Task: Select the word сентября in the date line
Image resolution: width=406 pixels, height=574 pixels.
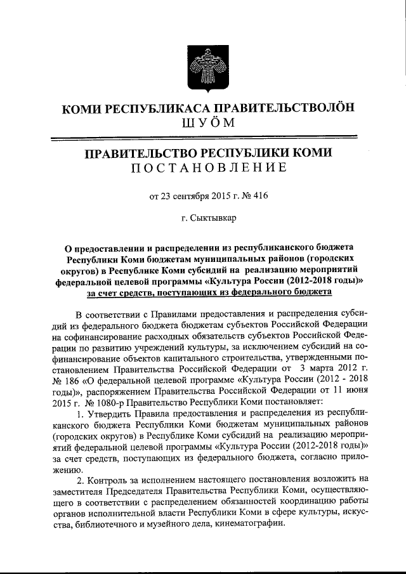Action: (x=193, y=195)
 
